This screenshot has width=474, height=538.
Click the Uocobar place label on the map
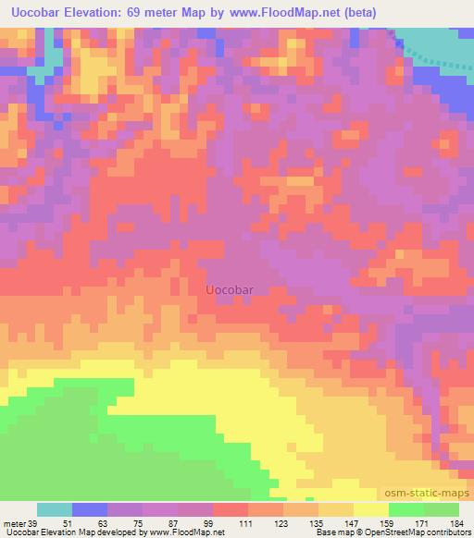coord(230,288)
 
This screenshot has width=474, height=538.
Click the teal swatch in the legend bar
coord(55,509)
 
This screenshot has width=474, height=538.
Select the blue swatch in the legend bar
coord(90,509)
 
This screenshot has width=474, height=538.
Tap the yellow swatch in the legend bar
coord(371,509)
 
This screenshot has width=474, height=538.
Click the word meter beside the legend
coord(14,524)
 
